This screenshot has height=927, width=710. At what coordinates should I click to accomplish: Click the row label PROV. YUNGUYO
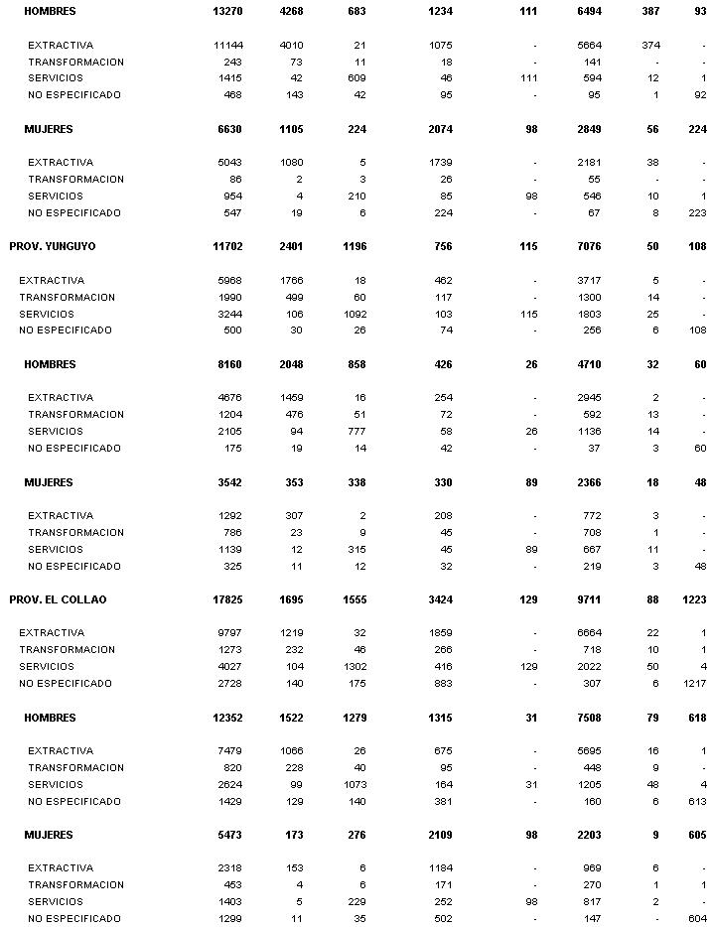[x=53, y=246]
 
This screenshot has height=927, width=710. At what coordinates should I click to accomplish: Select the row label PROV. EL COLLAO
[x=58, y=599]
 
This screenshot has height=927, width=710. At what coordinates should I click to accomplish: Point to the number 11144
[x=227, y=46]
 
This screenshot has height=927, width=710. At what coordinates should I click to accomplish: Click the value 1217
[x=693, y=683]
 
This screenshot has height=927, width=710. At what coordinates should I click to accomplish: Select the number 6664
[x=589, y=632]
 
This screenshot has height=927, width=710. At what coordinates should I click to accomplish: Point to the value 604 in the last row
[x=697, y=918]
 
